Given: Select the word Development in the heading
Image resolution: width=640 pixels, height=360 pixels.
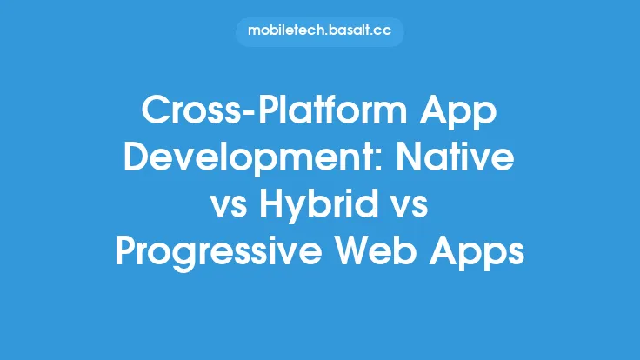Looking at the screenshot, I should (255, 163).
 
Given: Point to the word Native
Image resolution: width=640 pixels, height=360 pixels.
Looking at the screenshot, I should (462, 163).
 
